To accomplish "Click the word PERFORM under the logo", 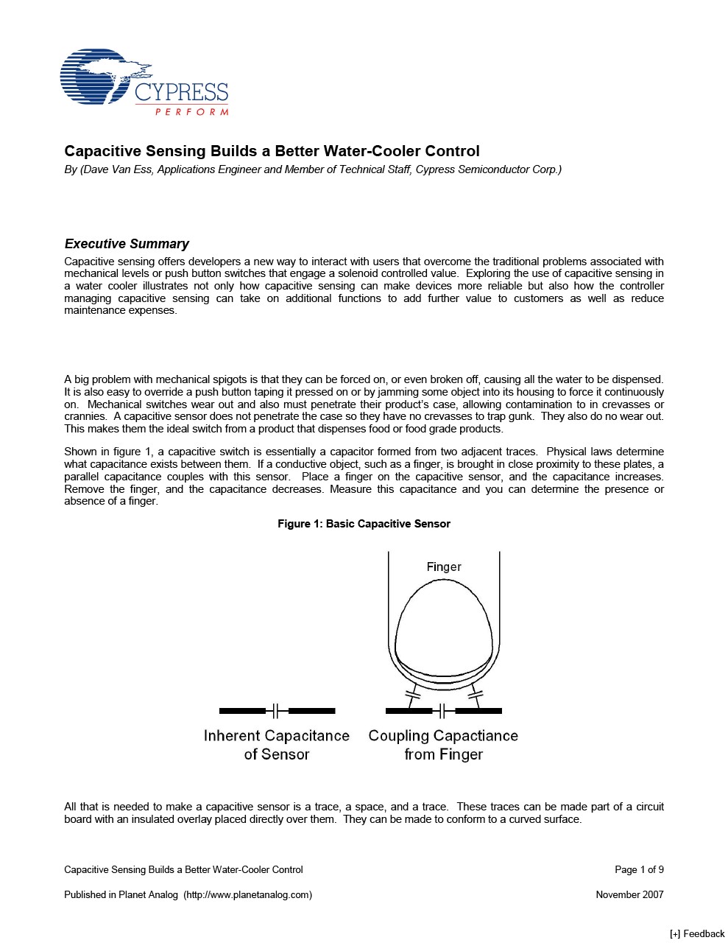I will pyautogui.click(x=191, y=112).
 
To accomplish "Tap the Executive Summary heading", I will pyautogui.click(x=127, y=244).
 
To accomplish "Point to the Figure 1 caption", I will pyautogui.click(x=364, y=524).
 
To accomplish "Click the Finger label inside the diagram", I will pyautogui.click(x=444, y=567).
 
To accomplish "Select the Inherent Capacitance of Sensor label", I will pyautogui.click(x=277, y=745).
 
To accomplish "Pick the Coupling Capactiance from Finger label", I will pyautogui.click(x=443, y=745).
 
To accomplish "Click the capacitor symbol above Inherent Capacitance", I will pyautogui.click(x=277, y=711).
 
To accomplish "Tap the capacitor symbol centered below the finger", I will pyautogui.click(x=443, y=711).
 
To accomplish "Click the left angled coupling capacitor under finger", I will pyautogui.click(x=412, y=693).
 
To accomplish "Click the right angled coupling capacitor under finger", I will pyautogui.click(x=476, y=693).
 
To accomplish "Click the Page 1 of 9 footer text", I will pyautogui.click(x=639, y=869).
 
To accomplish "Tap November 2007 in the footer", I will pyautogui.click(x=629, y=894).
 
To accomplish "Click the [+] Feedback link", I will pyautogui.click(x=696, y=933).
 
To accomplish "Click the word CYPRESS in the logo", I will pyautogui.click(x=181, y=93).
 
